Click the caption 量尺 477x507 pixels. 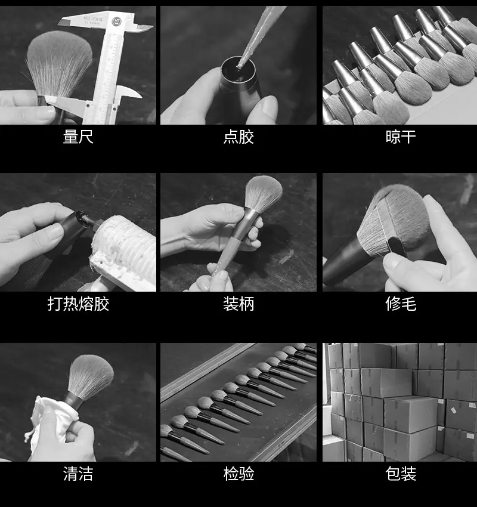(x=78, y=137)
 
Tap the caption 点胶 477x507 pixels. (x=238, y=137)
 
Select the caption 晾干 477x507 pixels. (x=401, y=137)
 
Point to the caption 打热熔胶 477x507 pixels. (x=78, y=304)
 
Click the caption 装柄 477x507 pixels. (x=238, y=304)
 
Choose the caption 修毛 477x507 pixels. (x=401, y=304)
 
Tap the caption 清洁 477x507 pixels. (x=78, y=474)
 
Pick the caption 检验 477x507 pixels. (x=238, y=474)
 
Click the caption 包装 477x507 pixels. (x=401, y=474)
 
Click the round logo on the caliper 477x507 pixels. (x=116, y=21)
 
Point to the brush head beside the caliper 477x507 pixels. (x=59, y=63)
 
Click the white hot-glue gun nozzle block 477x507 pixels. (x=125, y=252)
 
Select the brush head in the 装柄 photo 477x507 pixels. (x=263, y=193)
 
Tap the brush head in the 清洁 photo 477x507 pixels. (x=91, y=377)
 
